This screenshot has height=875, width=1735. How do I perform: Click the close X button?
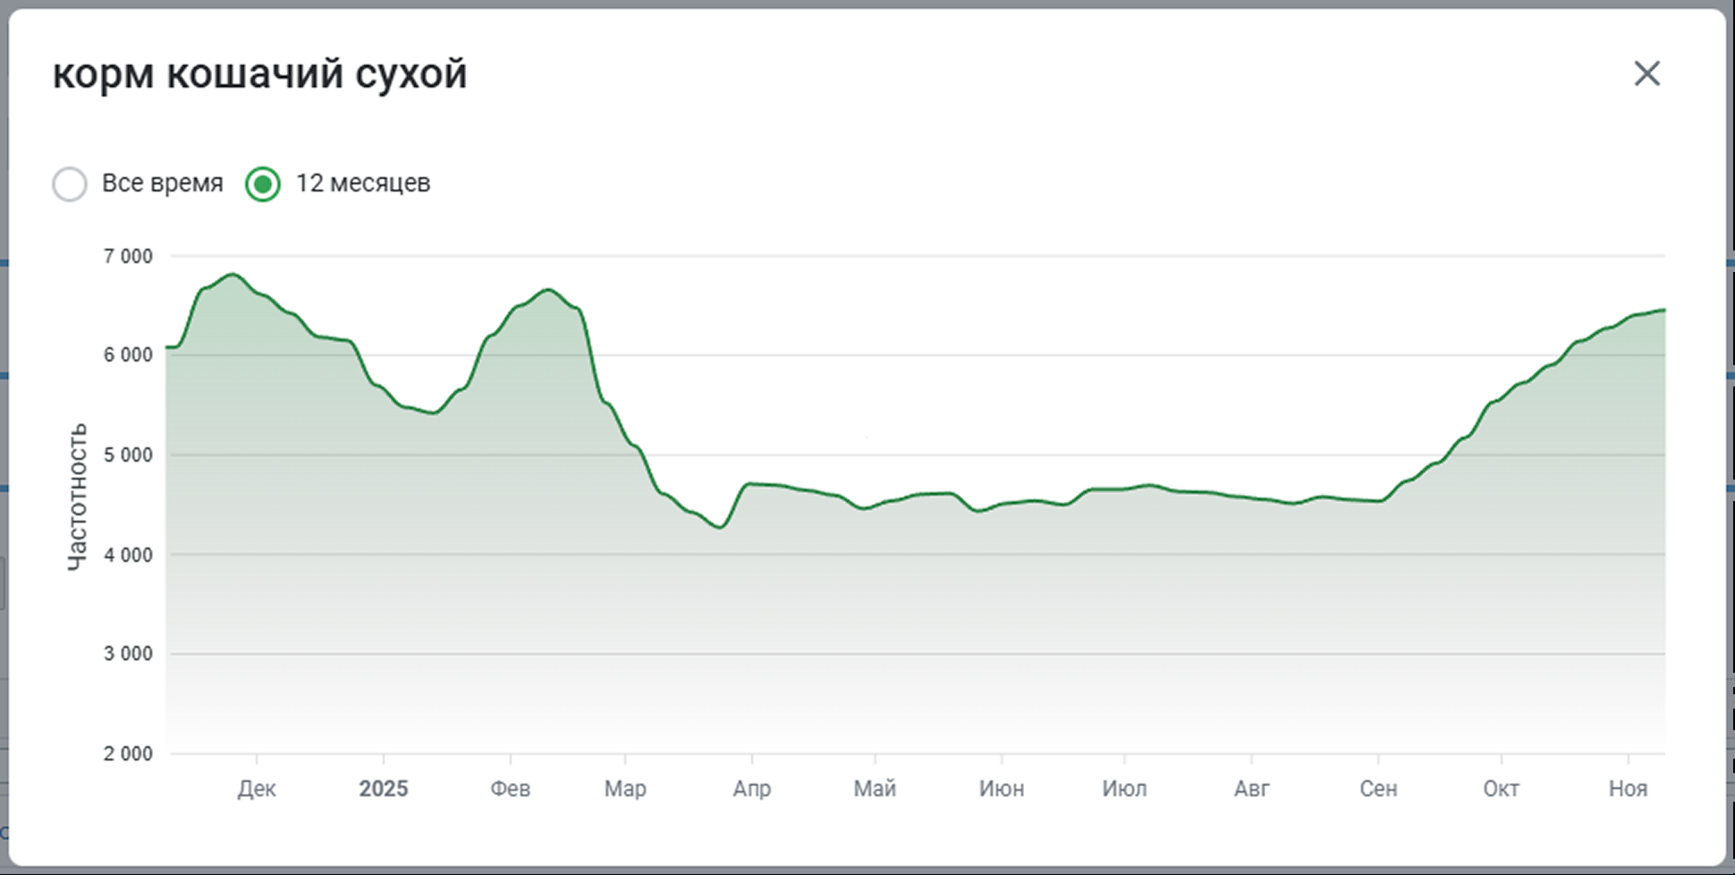pos(1646,73)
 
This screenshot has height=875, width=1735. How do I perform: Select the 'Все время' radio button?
pos(70,184)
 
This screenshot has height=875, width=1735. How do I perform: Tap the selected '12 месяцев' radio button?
pos(263,184)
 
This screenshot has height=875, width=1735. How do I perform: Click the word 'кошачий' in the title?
pos(255,74)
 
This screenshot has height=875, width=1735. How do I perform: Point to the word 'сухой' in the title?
pos(410,74)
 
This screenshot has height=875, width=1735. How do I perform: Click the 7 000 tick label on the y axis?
pos(128,257)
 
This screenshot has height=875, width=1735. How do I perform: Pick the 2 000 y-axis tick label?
pos(128,754)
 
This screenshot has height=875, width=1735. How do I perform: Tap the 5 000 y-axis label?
pos(128,455)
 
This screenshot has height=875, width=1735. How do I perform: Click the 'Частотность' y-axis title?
pos(78,497)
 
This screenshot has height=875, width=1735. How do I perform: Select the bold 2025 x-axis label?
pos(383,789)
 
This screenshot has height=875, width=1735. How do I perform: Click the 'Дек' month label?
pos(257,789)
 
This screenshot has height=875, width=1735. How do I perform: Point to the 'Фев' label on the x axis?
pos(510,789)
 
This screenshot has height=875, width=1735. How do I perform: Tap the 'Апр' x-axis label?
pos(751,789)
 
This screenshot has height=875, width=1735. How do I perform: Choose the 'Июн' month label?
pos(1001,789)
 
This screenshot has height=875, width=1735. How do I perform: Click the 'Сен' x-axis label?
pos(1378,789)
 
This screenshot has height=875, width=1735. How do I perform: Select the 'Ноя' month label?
pos(1628,789)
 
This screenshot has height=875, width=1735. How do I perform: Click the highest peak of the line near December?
pos(233,275)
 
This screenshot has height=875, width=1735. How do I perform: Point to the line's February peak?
pos(548,290)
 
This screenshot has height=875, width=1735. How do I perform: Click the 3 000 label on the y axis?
pos(128,654)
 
